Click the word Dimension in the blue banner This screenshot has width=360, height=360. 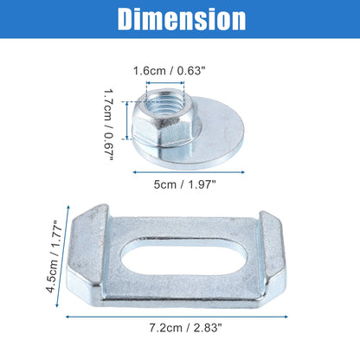[182, 19]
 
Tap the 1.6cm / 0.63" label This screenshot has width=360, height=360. [169, 71]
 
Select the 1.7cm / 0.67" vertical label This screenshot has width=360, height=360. [109, 125]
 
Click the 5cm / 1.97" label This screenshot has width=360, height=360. [184, 184]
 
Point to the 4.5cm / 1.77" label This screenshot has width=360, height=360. [54, 256]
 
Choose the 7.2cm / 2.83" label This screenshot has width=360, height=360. [186, 328]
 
